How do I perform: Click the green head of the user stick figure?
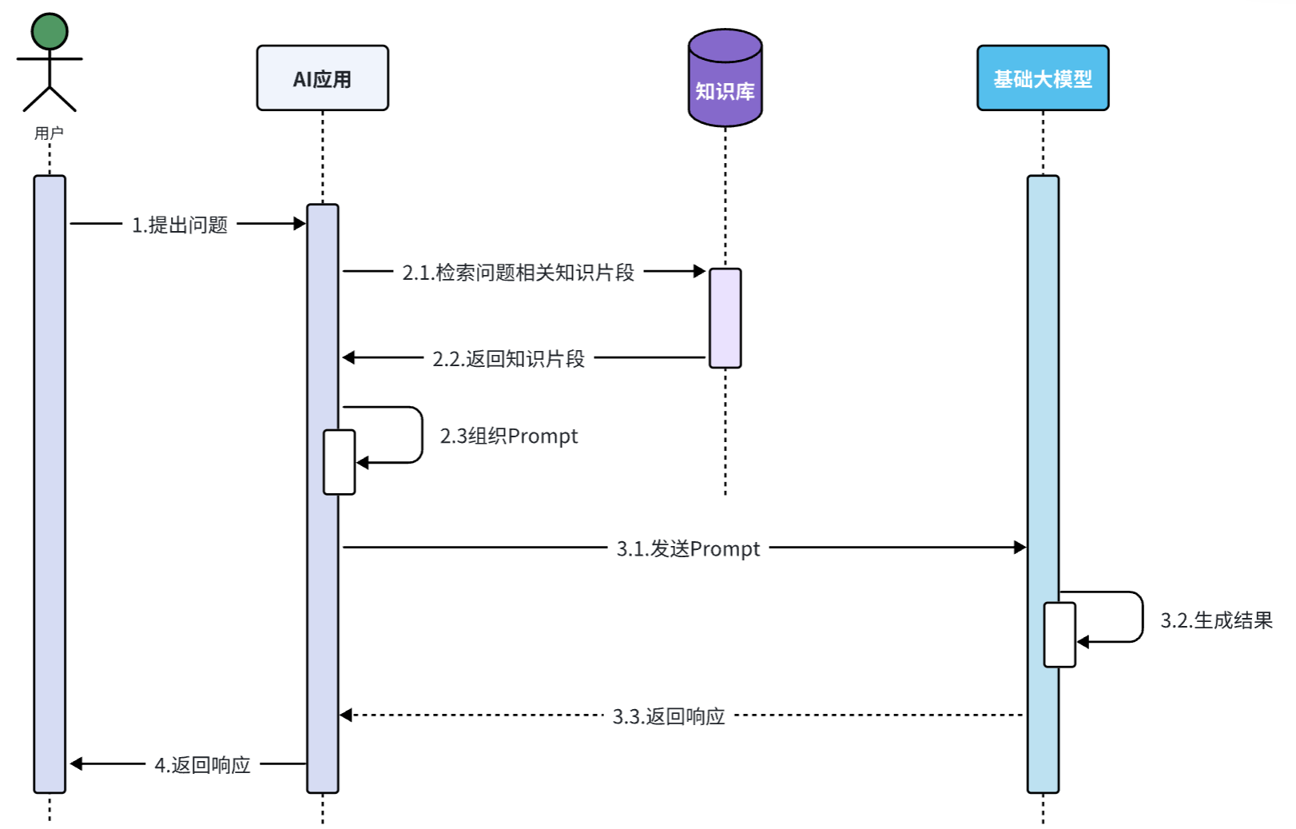click(x=50, y=31)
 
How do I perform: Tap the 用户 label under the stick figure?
click(x=49, y=133)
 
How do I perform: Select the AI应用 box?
click(x=322, y=78)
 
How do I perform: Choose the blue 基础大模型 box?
click(x=1042, y=78)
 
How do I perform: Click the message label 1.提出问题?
click(x=180, y=225)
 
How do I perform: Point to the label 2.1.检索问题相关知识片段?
click(x=518, y=273)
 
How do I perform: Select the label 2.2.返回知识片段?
click(x=508, y=359)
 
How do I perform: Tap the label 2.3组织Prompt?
click(x=508, y=436)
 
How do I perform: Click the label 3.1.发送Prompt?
click(x=688, y=548)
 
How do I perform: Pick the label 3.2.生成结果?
click(x=1215, y=620)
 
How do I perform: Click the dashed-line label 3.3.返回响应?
click(x=668, y=716)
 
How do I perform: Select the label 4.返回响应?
click(x=202, y=765)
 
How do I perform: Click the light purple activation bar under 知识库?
click(x=725, y=318)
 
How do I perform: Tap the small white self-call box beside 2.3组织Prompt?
click(x=339, y=462)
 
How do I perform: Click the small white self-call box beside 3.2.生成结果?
click(x=1059, y=635)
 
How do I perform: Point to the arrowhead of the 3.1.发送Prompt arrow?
click(x=1020, y=548)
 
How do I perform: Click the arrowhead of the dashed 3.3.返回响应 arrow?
click(x=346, y=715)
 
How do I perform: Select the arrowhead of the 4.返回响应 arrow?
click(x=77, y=764)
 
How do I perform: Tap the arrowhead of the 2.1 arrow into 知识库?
click(x=699, y=272)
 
